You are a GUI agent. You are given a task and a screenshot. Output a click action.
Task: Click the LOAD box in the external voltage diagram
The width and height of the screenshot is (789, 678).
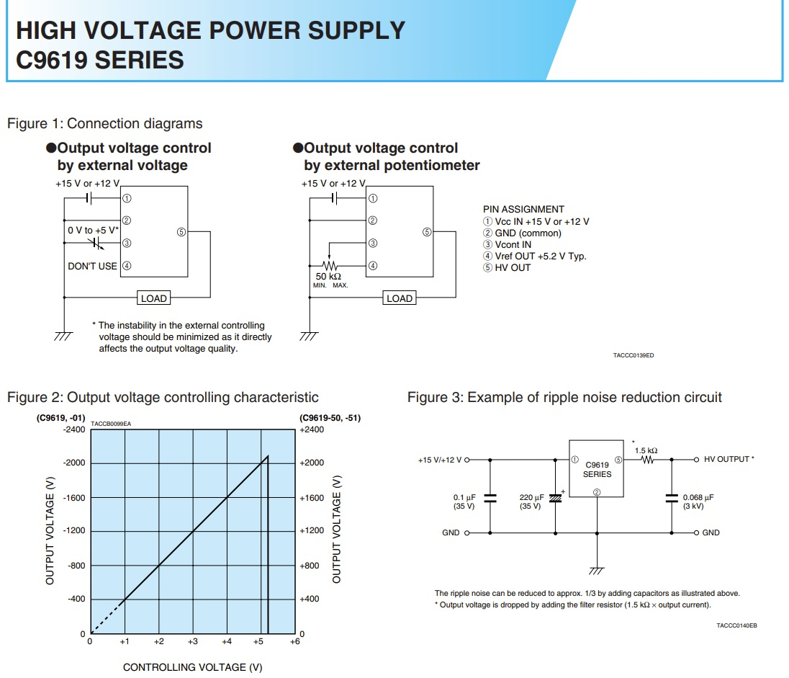(x=153, y=298)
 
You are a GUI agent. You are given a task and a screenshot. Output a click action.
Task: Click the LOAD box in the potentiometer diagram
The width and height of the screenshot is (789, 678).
(x=400, y=298)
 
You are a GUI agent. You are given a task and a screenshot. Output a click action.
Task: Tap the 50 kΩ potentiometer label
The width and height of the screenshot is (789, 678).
(x=328, y=276)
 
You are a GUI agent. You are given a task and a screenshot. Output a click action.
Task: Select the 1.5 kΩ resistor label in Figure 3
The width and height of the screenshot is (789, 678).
(x=646, y=450)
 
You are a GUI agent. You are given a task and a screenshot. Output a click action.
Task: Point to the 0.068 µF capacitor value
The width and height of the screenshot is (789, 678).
(x=698, y=496)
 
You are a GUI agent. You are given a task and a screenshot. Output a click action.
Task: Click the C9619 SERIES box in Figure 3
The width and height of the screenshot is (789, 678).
(x=597, y=469)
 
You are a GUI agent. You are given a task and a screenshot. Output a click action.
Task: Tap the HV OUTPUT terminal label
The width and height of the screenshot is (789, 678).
(x=727, y=459)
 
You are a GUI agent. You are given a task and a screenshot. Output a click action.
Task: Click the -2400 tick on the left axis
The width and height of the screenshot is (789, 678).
(x=73, y=429)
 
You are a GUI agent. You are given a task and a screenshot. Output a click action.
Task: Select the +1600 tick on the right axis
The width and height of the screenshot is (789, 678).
(x=312, y=498)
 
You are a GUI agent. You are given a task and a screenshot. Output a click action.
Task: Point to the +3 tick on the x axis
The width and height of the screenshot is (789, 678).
(x=192, y=641)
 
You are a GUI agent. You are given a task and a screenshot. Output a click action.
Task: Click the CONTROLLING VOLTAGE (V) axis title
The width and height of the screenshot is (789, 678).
(x=192, y=667)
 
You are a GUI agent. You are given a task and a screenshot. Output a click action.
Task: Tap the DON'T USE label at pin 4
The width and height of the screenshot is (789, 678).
(x=92, y=266)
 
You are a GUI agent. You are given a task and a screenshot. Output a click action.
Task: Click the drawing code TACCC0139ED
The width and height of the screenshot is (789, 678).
(x=634, y=356)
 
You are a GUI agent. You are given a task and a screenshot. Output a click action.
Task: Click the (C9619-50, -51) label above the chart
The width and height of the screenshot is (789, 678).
(x=330, y=418)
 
